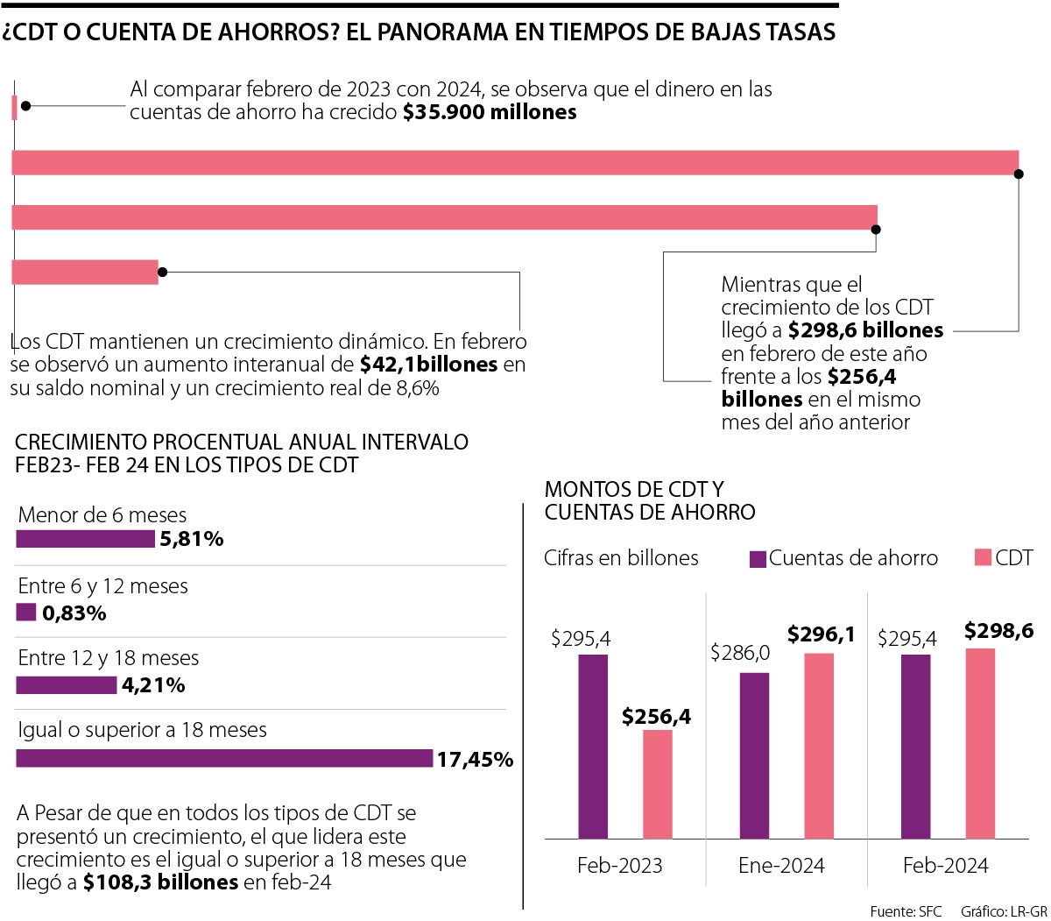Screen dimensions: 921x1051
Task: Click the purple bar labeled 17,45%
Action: (x=224, y=758)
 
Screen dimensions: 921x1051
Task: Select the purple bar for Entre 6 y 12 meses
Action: (x=26, y=613)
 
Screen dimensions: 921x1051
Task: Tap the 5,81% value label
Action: (x=191, y=540)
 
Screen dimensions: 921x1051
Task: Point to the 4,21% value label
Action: (x=153, y=685)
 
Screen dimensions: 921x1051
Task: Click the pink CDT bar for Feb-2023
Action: (x=658, y=784)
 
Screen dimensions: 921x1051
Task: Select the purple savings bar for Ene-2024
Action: (x=754, y=755)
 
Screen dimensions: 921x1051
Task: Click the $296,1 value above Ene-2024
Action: (x=821, y=634)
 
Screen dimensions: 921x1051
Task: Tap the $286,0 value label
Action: (x=740, y=653)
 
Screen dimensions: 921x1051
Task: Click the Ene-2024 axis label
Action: (x=781, y=866)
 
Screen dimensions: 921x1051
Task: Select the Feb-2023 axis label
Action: (x=619, y=866)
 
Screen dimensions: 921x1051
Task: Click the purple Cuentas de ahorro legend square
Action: (x=758, y=558)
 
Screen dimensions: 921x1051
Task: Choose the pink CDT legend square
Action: (x=983, y=558)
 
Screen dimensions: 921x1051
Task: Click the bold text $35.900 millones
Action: (x=490, y=112)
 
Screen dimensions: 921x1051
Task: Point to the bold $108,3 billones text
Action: (x=160, y=882)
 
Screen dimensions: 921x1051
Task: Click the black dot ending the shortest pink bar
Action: (x=25, y=105)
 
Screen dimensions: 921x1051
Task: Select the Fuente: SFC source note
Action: (x=906, y=911)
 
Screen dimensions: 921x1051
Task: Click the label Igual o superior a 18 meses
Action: (x=143, y=730)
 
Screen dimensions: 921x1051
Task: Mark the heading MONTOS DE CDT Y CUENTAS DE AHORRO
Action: (x=650, y=500)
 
